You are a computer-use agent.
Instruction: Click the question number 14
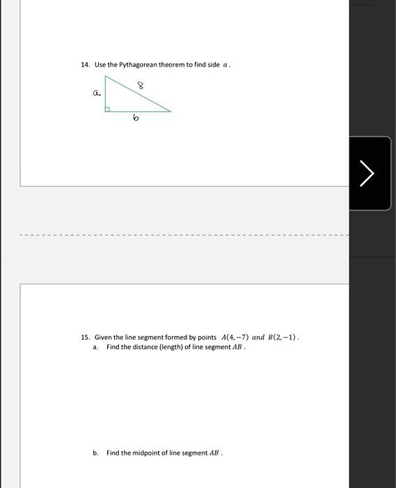point(86,65)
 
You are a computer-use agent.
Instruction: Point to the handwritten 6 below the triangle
point(136,120)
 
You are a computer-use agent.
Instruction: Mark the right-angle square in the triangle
point(109,109)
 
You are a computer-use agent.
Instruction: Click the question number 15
point(86,337)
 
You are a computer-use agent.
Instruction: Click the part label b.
point(95,452)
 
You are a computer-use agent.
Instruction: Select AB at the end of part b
point(214,452)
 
